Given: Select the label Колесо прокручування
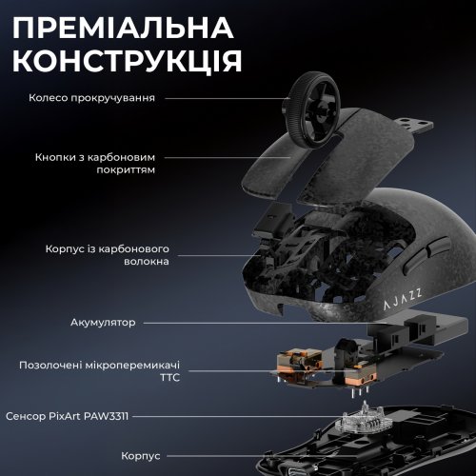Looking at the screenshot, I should pyautogui.click(x=91, y=97).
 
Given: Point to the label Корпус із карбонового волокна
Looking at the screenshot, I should pyautogui.click(x=107, y=254).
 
